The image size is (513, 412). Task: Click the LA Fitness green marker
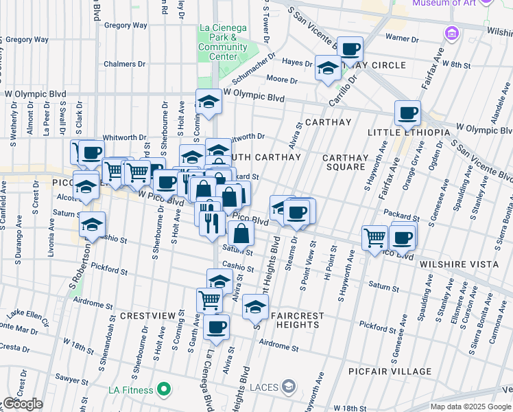163,391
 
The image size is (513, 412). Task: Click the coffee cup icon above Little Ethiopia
407,113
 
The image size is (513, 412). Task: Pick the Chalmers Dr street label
125,64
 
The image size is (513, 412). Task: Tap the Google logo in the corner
23,404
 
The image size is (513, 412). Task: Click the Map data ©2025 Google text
470,407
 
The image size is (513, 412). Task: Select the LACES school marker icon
291,387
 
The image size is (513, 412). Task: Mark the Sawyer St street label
69,378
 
